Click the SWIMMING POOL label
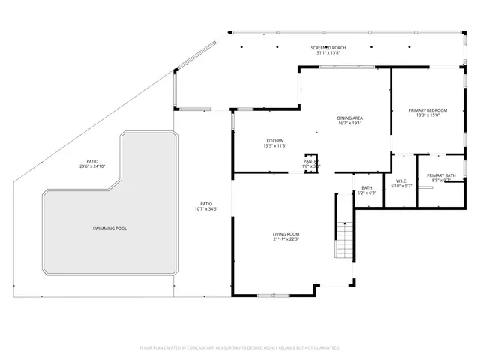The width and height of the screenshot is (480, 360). (x=109, y=228)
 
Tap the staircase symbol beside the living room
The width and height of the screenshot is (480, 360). (x=344, y=240)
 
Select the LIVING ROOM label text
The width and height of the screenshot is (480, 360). (x=286, y=234)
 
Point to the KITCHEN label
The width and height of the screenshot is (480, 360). (x=274, y=141)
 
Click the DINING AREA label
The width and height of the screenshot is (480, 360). (x=349, y=118)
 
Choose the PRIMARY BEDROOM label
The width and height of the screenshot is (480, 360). (x=427, y=110)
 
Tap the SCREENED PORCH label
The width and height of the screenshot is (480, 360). (x=329, y=48)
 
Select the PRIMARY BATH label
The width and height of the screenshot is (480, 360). (x=442, y=175)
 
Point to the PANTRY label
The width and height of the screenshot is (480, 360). (x=311, y=161)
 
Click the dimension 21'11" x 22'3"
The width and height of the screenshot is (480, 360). (x=286, y=240)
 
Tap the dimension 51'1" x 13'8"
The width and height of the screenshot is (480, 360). (x=329, y=53)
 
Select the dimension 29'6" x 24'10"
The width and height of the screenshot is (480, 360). (x=92, y=166)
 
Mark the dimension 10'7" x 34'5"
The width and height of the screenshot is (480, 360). (x=205, y=208)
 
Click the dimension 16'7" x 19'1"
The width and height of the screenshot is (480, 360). (x=349, y=123)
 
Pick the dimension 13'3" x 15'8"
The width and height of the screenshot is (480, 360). (x=427, y=115)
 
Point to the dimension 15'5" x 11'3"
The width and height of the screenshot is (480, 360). (x=274, y=146)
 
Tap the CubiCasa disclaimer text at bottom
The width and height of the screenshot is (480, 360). (x=239, y=348)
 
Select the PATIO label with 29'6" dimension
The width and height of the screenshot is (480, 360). (x=92, y=161)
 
